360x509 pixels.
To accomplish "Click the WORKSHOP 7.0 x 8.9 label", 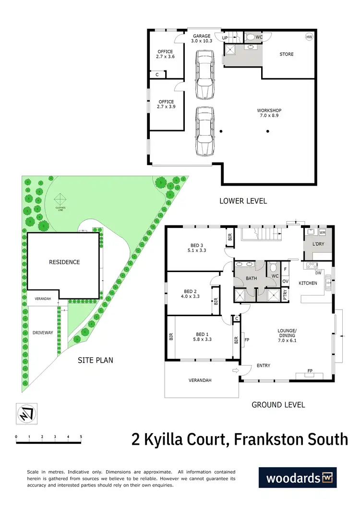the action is pyautogui.click(x=269, y=113).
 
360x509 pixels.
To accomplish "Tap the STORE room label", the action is pyautogui.click(x=287, y=54).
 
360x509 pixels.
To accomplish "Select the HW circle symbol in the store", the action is pyautogui.click(x=309, y=37).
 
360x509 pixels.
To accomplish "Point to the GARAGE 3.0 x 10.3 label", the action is pyautogui.click(x=202, y=39).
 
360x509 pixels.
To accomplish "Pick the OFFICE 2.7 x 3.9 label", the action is pyautogui.click(x=166, y=105).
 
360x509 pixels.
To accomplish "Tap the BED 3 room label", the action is pyautogui.click(x=197, y=248).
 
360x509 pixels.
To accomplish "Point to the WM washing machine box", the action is pyautogui.click(x=322, y=232).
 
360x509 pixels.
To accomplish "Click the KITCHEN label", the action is pyautogui.click(x=308, y=283).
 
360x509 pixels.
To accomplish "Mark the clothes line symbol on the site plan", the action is pyautogui.click(x=60, y=199).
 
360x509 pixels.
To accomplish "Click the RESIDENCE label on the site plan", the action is pyautogui.click(x=64, y=262).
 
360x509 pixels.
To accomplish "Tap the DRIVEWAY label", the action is pyautogui.click(x=42, y=332).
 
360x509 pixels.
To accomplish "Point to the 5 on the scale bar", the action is pyautogui.click(x=81, y=437).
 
